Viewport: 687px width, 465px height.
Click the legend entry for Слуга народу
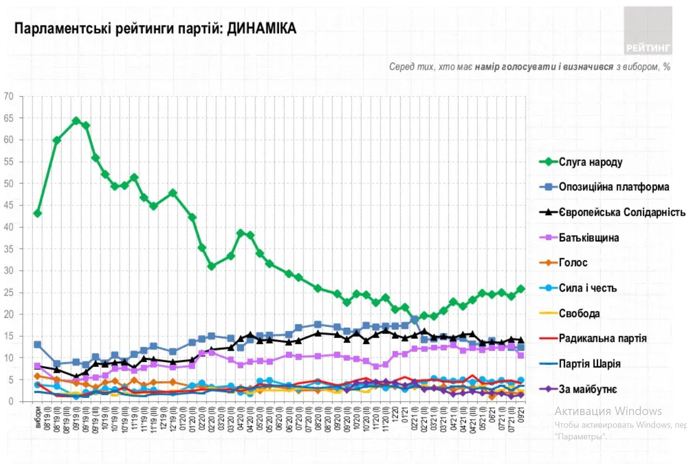click(x=590, y=162)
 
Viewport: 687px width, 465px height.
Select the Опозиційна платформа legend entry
click(x=613, y=187)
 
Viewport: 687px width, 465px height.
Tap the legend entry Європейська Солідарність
click(x=621, y=212)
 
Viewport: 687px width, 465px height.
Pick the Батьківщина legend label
click(x=589, y=238)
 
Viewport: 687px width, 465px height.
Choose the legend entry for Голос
click(x=573, y=263)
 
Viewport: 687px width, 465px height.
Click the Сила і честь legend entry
click(x=587, y=288)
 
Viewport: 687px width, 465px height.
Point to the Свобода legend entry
click(x=579, y=313)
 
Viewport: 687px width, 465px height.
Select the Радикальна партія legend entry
click(x=602, y=338)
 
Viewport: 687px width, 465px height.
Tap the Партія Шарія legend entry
click(x=589, y=364)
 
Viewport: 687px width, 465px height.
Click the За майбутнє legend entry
click(x=587, y=389)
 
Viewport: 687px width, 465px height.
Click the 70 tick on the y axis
click(x=8, y=97)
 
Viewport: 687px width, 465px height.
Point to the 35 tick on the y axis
click(x=8, y=249)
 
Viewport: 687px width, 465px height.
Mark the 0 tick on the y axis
click(x=11, y=402)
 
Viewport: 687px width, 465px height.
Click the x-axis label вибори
click(x=38, y=418)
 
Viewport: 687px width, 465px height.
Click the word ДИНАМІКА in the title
click(x=262, y=28)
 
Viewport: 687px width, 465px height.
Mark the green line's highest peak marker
click(x=76, y=120)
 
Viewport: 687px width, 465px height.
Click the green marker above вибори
click(x=38, y=213)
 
